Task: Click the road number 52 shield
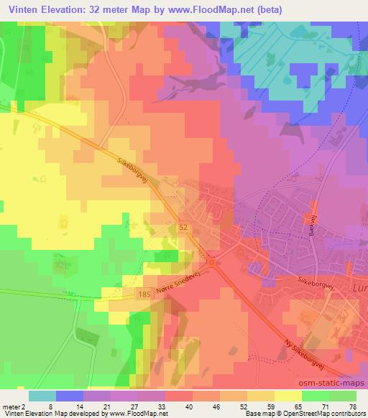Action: (183, 226)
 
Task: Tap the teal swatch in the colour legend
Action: (42, 396)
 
